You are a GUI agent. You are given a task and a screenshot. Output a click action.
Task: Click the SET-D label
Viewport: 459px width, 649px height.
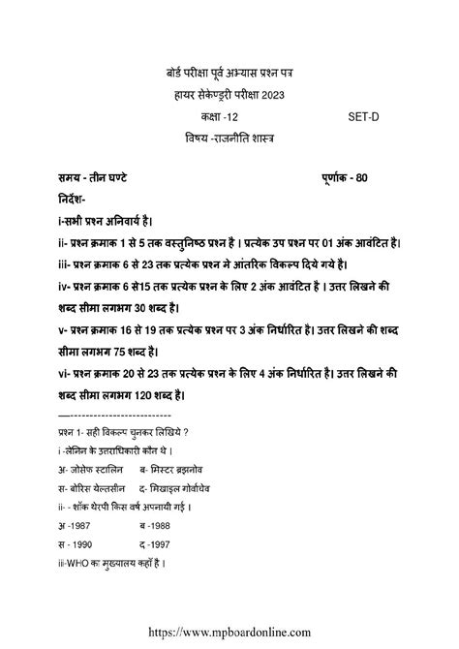pyautogui.click(x=364, y=117)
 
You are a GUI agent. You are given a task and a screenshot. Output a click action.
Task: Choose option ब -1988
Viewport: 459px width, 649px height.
pyautogui.click(x=156, y=526)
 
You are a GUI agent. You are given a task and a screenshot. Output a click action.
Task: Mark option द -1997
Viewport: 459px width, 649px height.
pyautogui.click(x=156, y=544)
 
